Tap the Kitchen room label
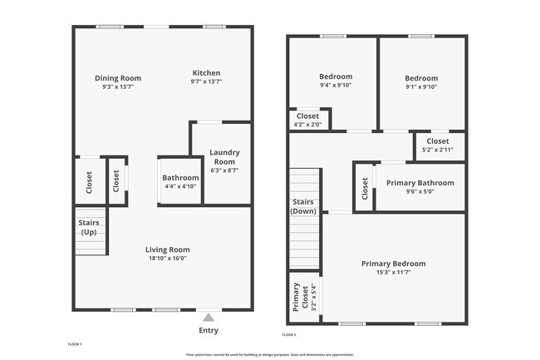206,72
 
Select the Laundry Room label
224,156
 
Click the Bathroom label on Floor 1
180,178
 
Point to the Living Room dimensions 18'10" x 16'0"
168,258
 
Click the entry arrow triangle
209,317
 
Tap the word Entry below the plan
209,330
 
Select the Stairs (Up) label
89,227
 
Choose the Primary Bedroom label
386,264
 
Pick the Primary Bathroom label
419,183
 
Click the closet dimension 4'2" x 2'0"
307,125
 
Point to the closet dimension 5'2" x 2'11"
437,150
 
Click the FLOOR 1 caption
75,343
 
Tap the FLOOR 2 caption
289,333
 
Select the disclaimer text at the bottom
270,354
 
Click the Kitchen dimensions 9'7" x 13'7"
206,82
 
